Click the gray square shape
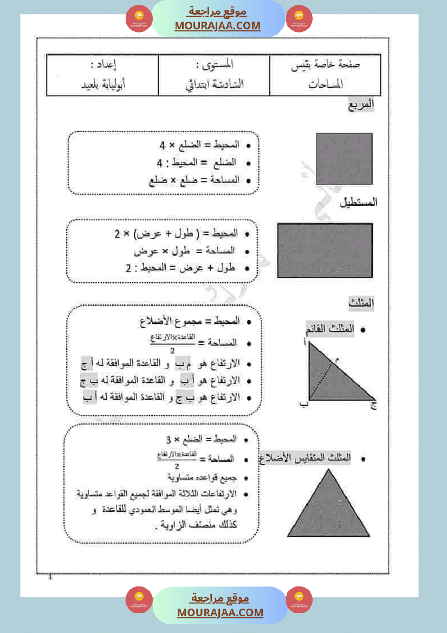click(x=344, y=159)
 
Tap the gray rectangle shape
click(x=325, y=250)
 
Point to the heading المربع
click(x=361, y=106)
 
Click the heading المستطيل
click(x=358, y=203)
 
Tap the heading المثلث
click(x=361, y=303)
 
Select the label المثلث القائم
click(x=330, y=329)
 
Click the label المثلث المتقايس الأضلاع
click(x=305, y=458)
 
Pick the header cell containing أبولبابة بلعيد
click(x=102, y=84)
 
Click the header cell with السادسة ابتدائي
click(x=214, y=84)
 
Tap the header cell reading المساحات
click(x=326, y=84)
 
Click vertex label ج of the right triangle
click(x=373, y=404)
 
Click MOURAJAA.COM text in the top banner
click(x=218, y=26)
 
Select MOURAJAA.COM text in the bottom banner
click(x=220, y=612)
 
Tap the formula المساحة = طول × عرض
click(x=193, y=251)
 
